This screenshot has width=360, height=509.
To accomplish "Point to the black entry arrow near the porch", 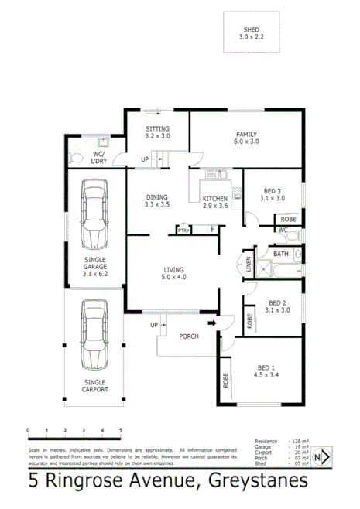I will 212,323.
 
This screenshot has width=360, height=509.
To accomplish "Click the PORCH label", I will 188,336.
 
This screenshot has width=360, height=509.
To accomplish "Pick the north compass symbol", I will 326,457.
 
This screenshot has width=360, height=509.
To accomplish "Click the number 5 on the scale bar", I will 120,429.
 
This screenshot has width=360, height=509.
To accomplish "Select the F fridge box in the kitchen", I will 211,230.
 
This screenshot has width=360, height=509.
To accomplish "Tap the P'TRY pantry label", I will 183,231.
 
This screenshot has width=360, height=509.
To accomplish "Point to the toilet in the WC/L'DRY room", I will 75,158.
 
